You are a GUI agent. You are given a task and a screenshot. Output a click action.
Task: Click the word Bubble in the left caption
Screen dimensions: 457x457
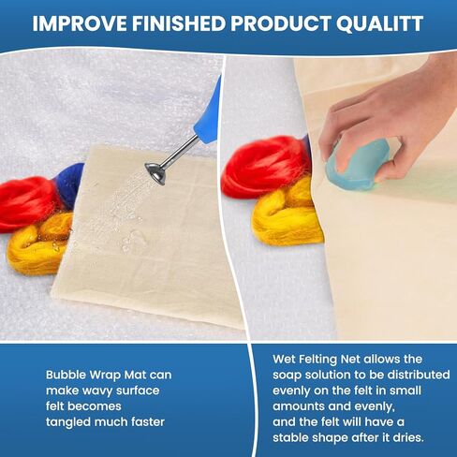point(66,375)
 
